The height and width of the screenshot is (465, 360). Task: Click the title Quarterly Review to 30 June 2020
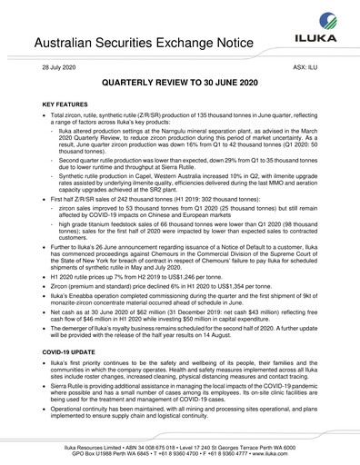[179, 83]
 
